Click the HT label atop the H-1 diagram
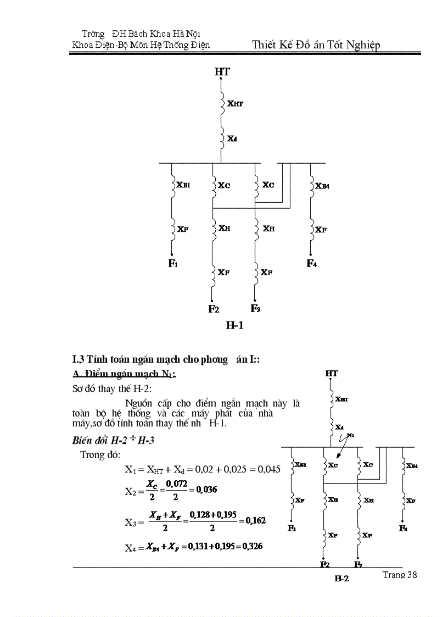click(222, 72)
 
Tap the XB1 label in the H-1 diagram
click(183, 185)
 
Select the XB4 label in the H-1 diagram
click(322, 186)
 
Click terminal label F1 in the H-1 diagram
click(173, 264)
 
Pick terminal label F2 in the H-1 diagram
click(214, 309)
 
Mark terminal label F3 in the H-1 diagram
click(255, 308)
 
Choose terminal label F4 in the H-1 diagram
click(311, 264)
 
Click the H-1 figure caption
click(234, 325)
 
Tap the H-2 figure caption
click(341, 578)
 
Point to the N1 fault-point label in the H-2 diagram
click(351, 435)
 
